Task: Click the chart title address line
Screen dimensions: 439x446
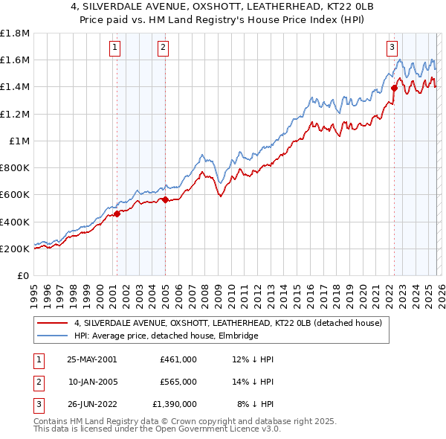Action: [223, 7]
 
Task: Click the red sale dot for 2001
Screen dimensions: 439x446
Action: [117, 214]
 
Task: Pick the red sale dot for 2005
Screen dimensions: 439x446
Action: [165, 199]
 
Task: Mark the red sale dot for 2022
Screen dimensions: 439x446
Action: [394, 89]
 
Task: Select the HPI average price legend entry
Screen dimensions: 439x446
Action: [166, 336]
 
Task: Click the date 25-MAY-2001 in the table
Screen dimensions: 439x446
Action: [91, 359]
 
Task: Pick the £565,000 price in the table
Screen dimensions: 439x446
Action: [178, 381]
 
